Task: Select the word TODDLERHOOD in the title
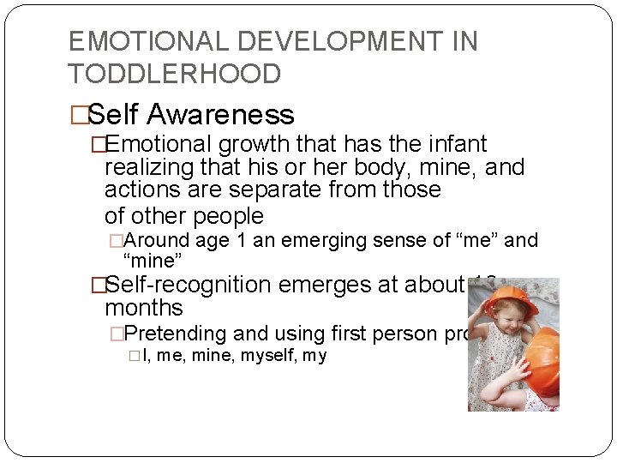click(175, 74)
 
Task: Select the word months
click(144, 308)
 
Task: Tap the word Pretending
click(181, 334)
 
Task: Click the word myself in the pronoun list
click(264, 355)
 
